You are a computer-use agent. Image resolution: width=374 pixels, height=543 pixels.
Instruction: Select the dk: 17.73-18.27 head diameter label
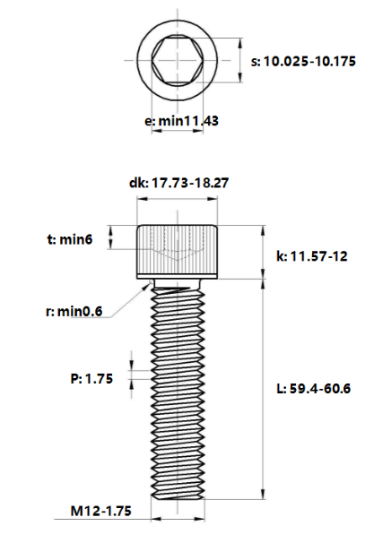[178, 183]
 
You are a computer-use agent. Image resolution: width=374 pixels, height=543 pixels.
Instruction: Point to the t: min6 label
[71, 239]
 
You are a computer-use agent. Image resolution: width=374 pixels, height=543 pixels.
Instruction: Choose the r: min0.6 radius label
[74, 312]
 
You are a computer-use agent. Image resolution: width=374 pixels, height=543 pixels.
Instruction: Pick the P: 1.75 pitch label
[91, 379]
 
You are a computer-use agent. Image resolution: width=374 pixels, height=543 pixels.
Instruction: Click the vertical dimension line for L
[263, 385]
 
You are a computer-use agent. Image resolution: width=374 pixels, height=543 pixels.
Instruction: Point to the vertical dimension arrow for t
[111, 238]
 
